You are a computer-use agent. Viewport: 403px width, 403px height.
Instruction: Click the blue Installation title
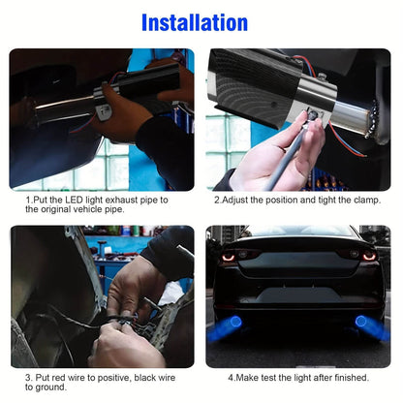201,21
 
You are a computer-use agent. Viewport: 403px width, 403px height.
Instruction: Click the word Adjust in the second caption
237,199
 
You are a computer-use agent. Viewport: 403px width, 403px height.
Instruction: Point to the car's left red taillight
231,255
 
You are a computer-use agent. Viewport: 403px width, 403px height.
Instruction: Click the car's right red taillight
368,256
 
